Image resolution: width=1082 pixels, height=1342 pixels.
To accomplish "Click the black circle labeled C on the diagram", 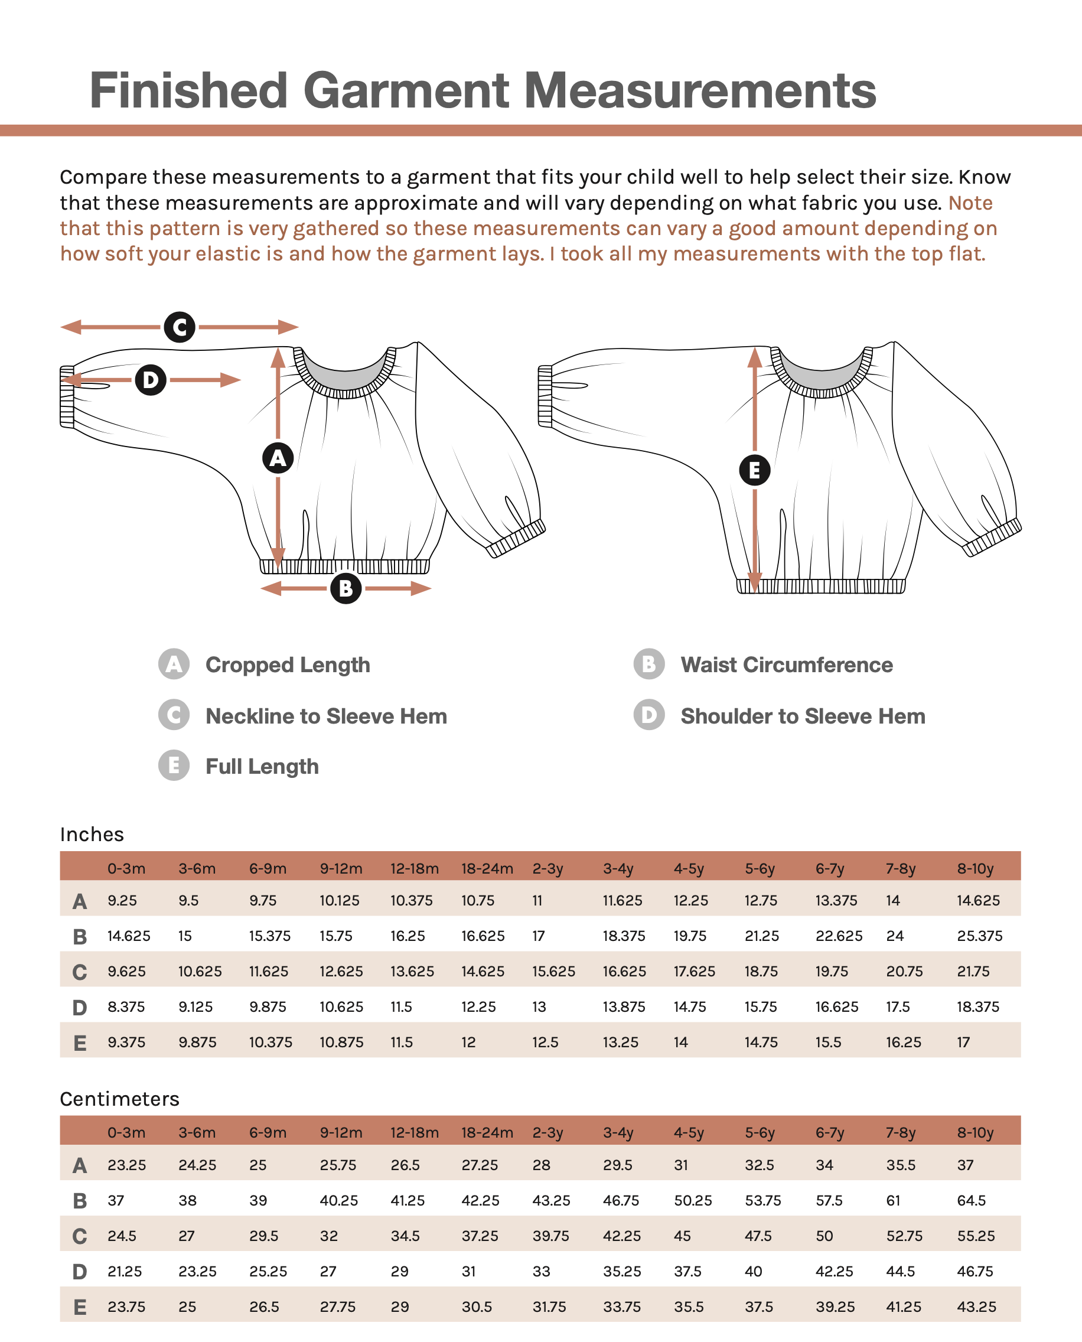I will click(x=180, y=327).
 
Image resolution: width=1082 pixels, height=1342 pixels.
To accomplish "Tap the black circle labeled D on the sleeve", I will click(x=151, y=380).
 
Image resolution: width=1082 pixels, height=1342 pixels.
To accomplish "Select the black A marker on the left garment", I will click(x=278, y=458).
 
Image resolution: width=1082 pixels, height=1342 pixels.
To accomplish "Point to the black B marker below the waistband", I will click(x=346, y=588).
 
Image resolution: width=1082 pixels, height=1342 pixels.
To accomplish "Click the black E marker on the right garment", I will click(x=754, y=471).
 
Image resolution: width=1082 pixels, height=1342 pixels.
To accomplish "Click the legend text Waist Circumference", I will click(x=786, y=665).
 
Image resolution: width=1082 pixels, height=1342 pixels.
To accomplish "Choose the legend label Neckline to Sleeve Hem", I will click(x=326, y=716).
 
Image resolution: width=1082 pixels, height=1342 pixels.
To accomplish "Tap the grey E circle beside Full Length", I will click(x=174, y=766).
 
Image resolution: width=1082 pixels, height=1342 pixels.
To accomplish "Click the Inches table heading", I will click(x=92, y=835).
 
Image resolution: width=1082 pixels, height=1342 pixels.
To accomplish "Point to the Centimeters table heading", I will click(x=120, y=1099).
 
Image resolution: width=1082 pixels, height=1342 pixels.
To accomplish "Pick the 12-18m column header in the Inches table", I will click(x=415, y=868).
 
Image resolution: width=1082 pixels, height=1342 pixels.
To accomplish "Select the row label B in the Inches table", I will click(x=80, y=937).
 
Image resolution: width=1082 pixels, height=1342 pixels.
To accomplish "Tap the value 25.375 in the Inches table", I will click(x=979, y=936).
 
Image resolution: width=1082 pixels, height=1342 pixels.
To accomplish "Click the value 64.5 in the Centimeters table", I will click(x=971, y=1200).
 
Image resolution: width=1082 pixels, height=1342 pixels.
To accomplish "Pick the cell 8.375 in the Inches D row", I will click(x=126, y=1006).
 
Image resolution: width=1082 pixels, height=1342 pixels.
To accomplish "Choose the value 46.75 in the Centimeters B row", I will click(x=621, y=1200).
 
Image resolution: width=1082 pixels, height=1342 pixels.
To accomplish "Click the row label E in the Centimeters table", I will click(x=80, y=1307).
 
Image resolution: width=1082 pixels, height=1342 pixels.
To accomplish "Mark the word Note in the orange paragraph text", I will click(x=970, y=203).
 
